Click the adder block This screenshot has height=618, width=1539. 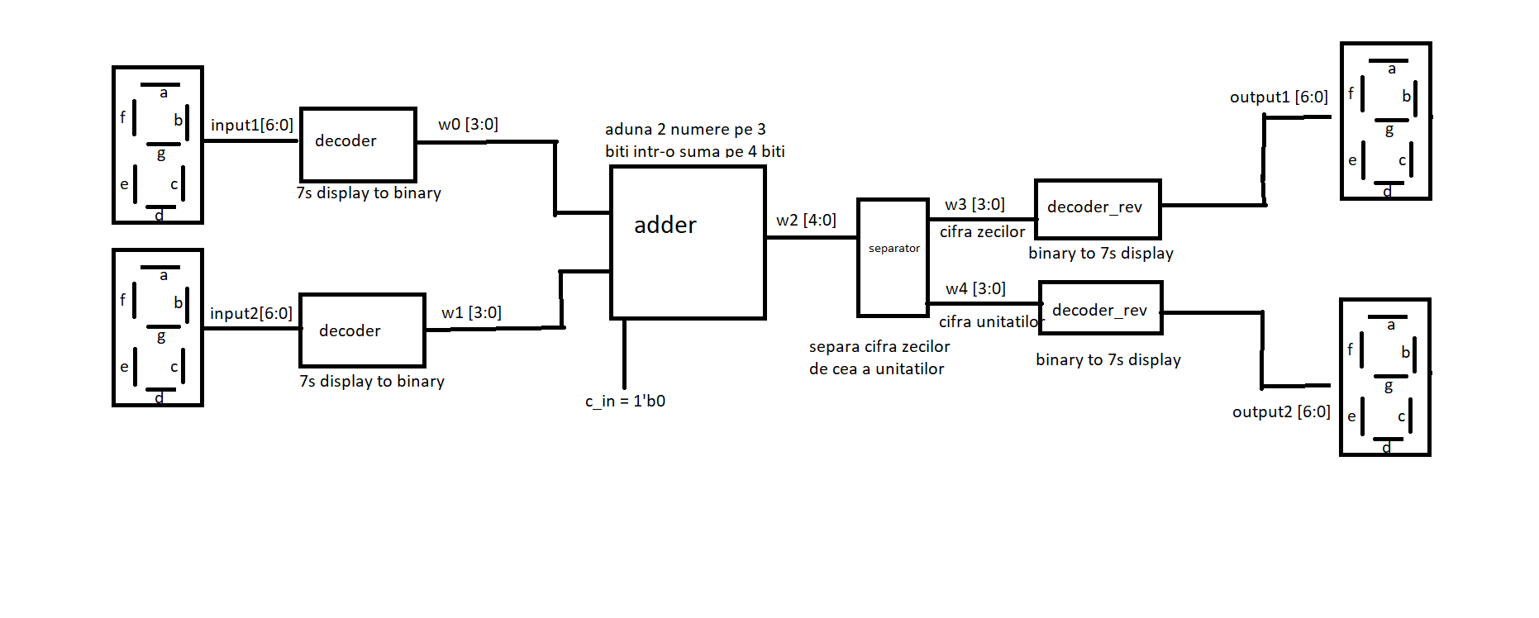point(688,242)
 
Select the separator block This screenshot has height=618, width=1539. point(893,257)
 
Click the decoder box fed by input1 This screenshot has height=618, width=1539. point(358,145)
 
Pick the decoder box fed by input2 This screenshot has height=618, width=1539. point(362,330)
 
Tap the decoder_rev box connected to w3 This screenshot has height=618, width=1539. point(1098,209)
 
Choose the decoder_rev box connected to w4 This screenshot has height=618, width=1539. point(1100,308)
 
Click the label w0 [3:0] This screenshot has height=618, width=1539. point(468,125)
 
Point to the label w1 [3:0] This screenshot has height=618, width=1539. point(471,313)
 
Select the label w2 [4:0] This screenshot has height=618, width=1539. point(806,221)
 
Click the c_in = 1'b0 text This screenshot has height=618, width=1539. point(625,402)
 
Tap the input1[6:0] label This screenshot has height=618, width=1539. point(251,126)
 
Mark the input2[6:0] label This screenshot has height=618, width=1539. point(250,314)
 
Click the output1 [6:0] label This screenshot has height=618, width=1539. point(1279,97)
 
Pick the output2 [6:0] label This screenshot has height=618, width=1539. point(1281,412)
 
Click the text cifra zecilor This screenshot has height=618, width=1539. point(982,232)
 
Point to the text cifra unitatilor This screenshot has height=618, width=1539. point(989,322)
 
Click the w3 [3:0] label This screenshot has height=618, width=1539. point(974,205)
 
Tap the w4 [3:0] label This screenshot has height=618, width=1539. point(975,289)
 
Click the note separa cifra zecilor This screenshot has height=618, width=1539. point(879,347)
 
